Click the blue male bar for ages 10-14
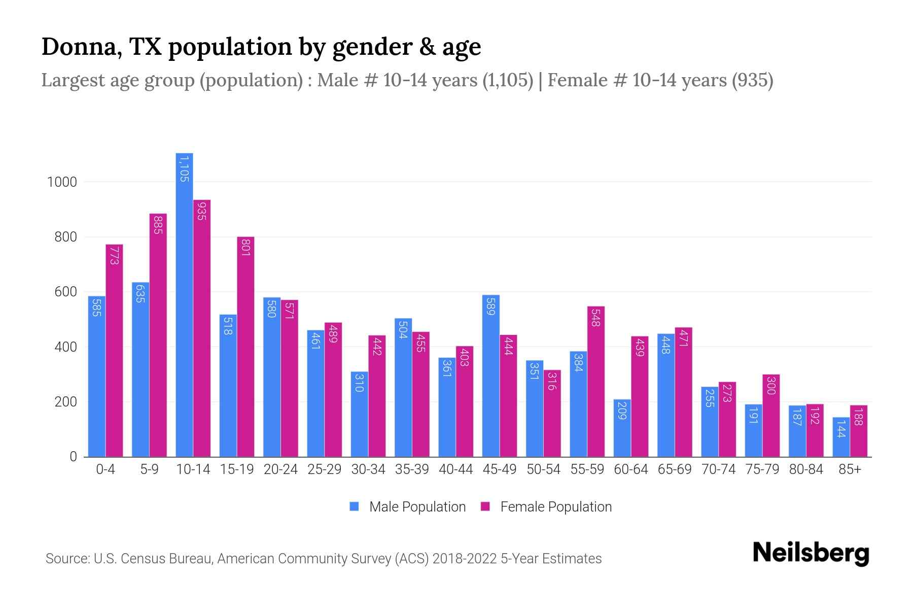coord(184,304)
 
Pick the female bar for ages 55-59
coord(596,381)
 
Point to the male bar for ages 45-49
coord(491,376)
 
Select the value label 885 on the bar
coord(158,225)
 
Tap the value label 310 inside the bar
coord(359,383)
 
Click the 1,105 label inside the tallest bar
coord(184,169)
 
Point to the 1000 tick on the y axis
coord(62,182)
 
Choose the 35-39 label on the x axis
coord(412,469)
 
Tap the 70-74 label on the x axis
coord(718,469)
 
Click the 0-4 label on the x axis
coord(106,469)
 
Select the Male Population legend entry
coord(417,507)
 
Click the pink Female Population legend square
coord(485,506)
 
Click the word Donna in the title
coord(81,47)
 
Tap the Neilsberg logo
coord(811,553)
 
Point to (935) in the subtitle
coord(752,80)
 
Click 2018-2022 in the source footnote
coord(465,559)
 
